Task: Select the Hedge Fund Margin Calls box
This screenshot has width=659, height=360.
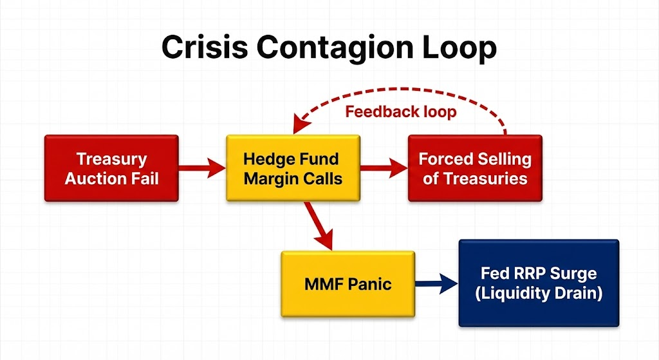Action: [292, 168]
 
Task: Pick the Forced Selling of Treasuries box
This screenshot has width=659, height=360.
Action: [475, 168]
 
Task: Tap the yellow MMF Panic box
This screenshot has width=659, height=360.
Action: [348, 283]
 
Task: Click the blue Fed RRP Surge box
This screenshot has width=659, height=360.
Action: [538, 283]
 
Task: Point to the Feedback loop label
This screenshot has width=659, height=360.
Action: [400, 111]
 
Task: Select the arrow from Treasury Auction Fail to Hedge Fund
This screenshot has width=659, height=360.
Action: [201, 169]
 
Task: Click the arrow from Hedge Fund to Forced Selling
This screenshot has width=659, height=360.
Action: [384, 169]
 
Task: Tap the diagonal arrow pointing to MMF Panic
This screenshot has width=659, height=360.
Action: [319, 226]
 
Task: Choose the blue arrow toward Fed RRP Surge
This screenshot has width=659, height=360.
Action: [435, 283]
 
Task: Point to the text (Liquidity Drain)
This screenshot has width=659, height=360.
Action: [538, 294]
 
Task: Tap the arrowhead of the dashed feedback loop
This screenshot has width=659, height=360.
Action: [297, 128]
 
